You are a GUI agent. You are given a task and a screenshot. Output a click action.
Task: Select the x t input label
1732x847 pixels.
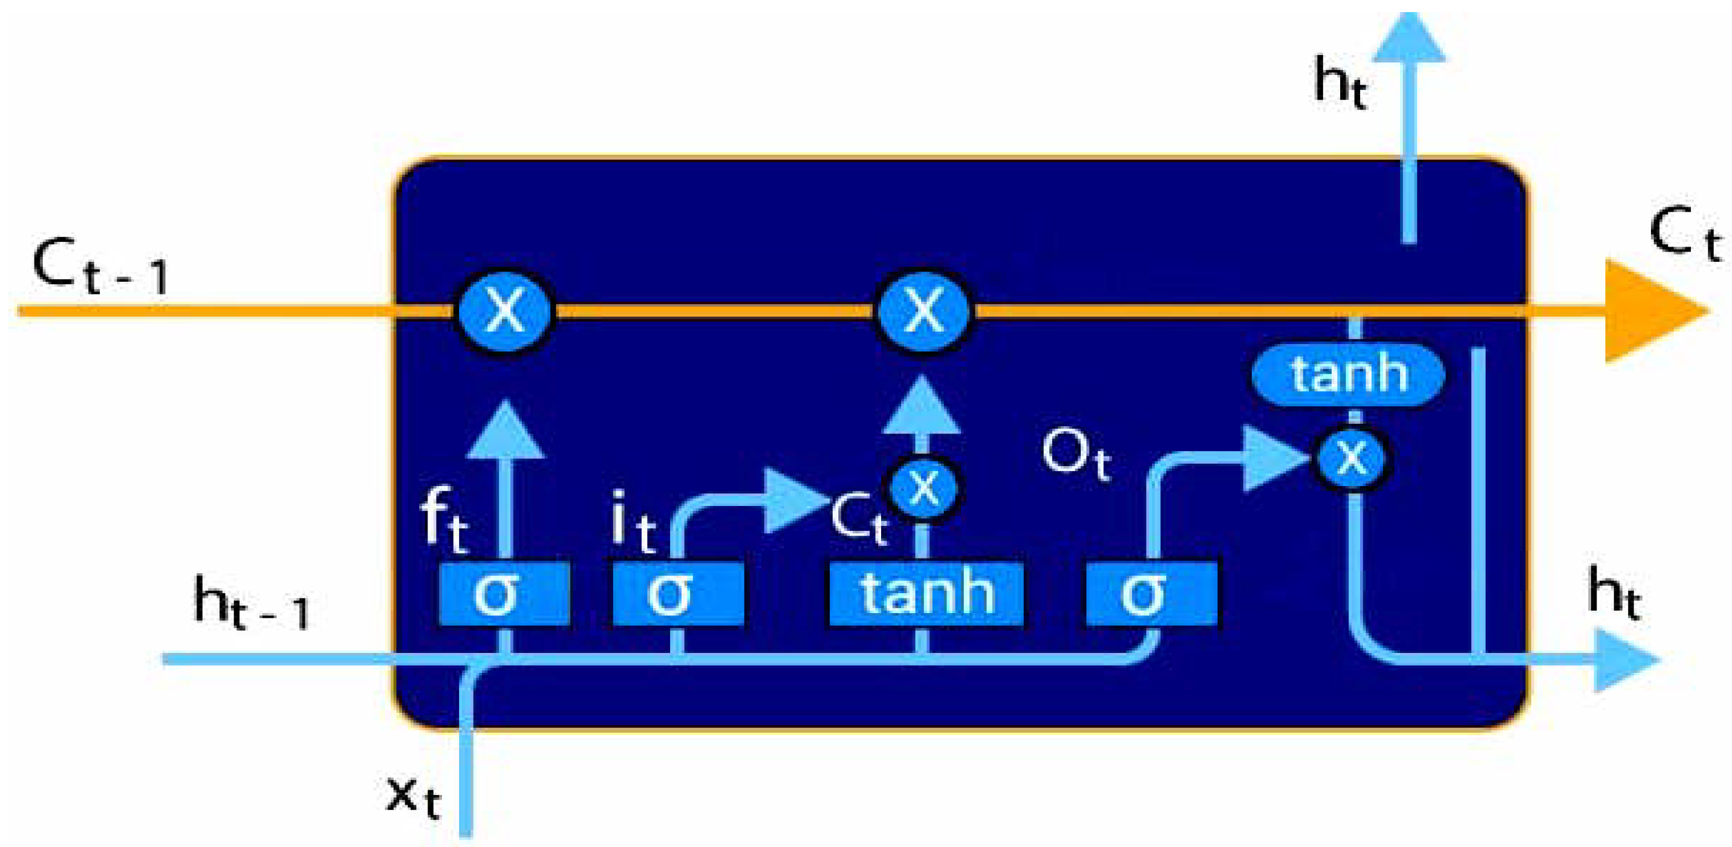[x=413, y=797]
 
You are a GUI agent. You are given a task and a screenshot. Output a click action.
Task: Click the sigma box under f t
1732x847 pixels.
[x=504, y=594]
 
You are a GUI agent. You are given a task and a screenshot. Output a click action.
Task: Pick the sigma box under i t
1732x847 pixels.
[x=678, y=594]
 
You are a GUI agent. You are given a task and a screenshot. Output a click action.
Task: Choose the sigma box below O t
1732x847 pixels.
[x=1151, y=594]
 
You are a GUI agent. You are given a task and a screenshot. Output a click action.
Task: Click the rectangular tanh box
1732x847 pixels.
[x=926, y=594]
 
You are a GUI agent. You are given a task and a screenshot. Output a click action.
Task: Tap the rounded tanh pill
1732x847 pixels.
[x=1348, y=374]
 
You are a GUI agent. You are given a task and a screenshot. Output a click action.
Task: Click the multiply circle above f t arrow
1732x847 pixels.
[x=505, y=311]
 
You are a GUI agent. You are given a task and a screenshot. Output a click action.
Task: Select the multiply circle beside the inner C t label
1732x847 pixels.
[x=924, y=487]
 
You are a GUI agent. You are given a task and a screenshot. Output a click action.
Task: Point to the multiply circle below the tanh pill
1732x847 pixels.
[x=1352, y=459]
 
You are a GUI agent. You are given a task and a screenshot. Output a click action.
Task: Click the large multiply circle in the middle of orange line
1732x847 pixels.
[x=924, y=311]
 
